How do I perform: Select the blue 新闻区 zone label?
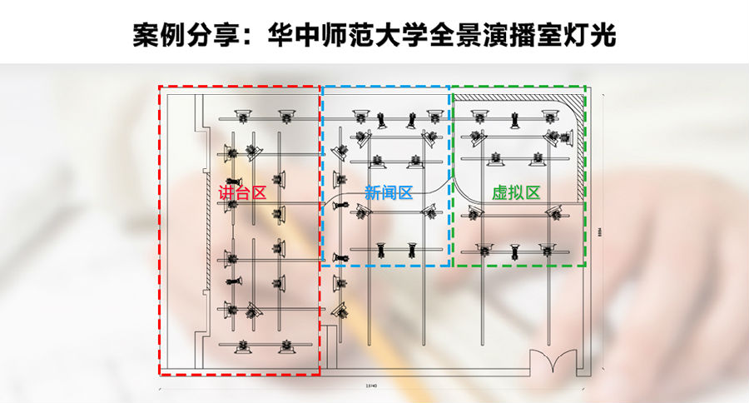tap(389, 192)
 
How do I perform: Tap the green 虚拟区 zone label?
tap(516, 192)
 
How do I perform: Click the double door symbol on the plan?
tap(556, 361)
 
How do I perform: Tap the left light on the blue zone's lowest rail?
tap(381, 248)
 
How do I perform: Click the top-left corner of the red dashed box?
tap(159, 86)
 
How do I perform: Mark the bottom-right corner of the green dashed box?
tap(586, 266)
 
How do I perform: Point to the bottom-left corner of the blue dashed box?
tap(321, 266)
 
